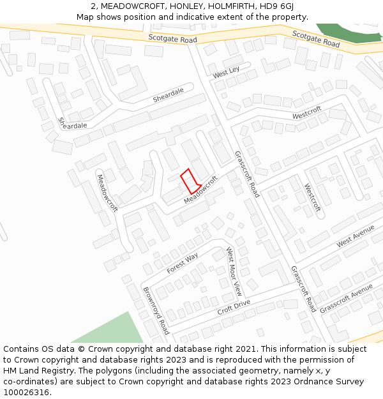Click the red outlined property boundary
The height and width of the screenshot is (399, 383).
point(191,181)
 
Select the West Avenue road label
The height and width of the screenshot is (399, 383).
point(356,234)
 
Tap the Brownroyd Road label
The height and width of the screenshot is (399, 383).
point(156,310)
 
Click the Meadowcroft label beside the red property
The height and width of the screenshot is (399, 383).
point(201,190)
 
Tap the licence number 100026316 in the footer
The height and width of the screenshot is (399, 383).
point(27,393)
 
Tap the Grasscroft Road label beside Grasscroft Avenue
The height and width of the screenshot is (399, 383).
point(303,289)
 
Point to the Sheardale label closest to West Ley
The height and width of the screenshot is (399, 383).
point(168,95)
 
